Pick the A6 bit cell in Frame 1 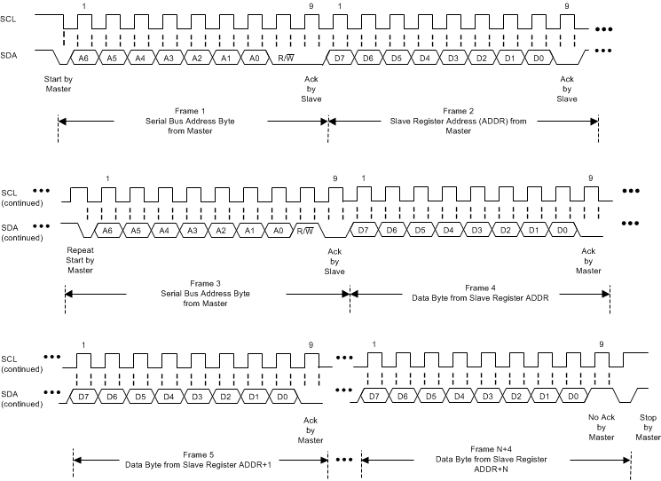83,58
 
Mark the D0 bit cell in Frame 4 561,231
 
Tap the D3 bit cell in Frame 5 197,397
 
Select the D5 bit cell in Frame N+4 431,397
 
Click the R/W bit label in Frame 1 287,58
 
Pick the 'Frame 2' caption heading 459,109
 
